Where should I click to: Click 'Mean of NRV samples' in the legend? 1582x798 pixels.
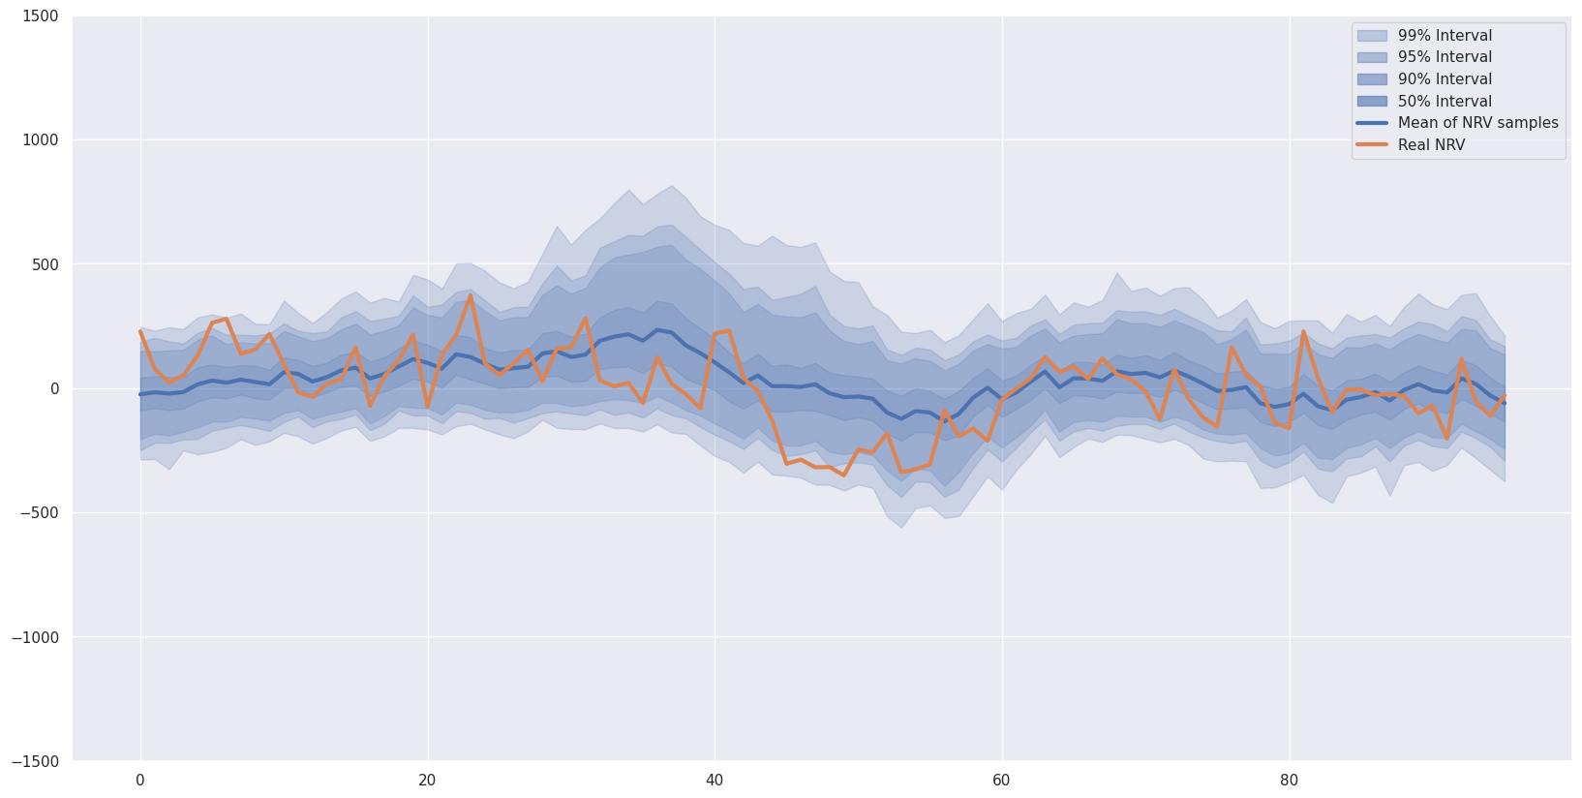pos(1477,123)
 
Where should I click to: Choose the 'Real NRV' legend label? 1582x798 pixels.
pos(1431,145)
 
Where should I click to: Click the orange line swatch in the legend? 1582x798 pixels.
pos(1372,145)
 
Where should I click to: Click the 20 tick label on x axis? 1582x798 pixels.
pos(428,781)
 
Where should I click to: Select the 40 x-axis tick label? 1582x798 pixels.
pos(715,781)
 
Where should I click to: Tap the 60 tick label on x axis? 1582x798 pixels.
pos(1002,781)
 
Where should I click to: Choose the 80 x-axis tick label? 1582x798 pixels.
pos(1289,781)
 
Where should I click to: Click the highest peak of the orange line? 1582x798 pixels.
pos(471,295)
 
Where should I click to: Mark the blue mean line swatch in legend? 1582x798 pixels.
pos(1372,123)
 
